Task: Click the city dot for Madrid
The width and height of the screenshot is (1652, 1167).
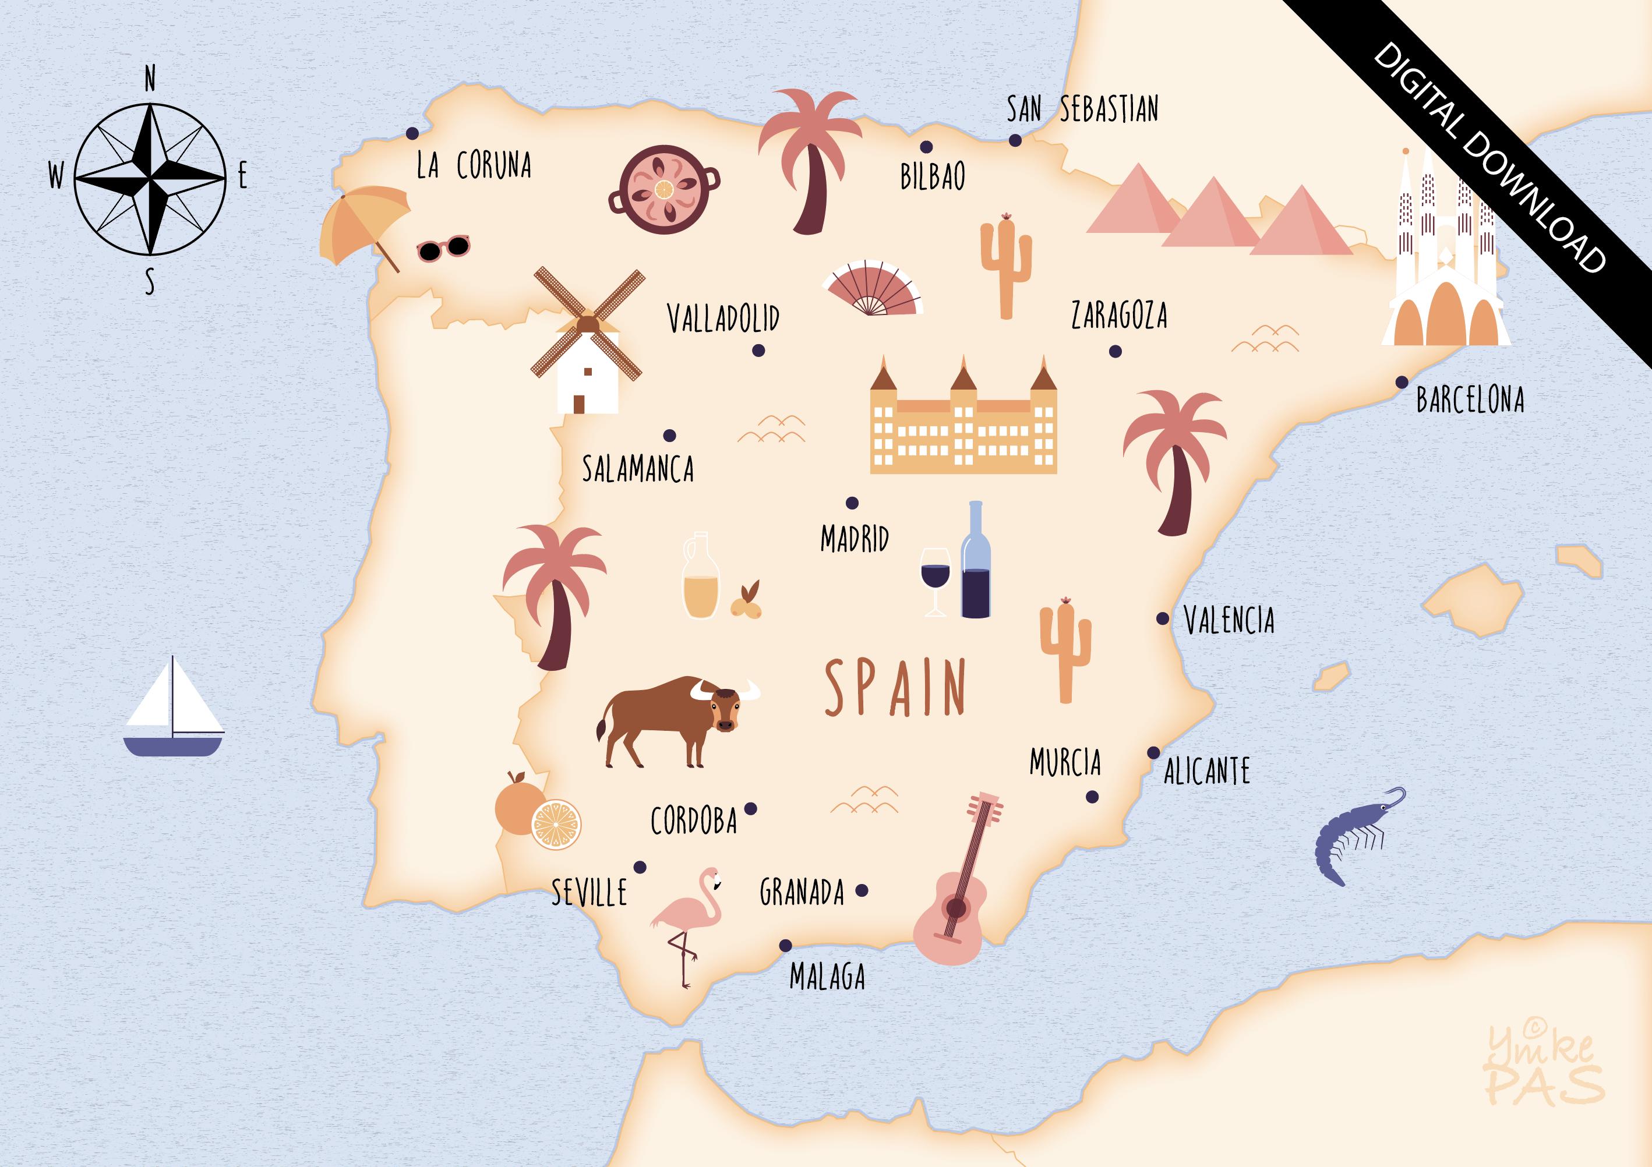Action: (852, 503)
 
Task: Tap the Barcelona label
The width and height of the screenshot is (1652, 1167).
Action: (1470, 400)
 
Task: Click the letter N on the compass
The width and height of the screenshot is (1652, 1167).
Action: (150, 79)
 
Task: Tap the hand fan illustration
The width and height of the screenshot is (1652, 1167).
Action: (873, 288)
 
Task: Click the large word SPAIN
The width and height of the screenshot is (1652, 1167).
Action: (894, 688)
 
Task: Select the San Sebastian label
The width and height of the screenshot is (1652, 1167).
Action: (1082, 109)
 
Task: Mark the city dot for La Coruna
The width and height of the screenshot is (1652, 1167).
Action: (412, 133)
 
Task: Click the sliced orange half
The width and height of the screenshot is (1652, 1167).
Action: (556, 825)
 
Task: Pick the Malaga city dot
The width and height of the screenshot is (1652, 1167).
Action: (786, 945)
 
